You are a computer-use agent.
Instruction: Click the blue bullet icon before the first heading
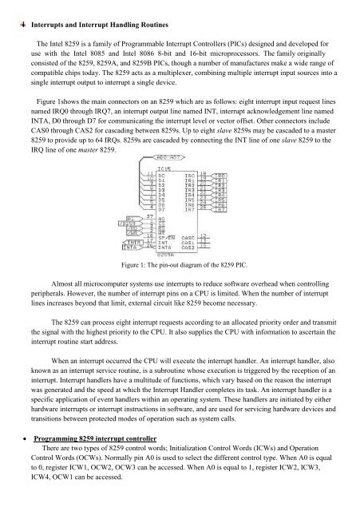pyautogui.click(x=8, y=7)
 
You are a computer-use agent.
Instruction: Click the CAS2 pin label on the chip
pyautogui.click(x=189, y=247)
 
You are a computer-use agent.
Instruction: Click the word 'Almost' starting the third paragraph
pyautogui.click(x=64, y=282)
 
